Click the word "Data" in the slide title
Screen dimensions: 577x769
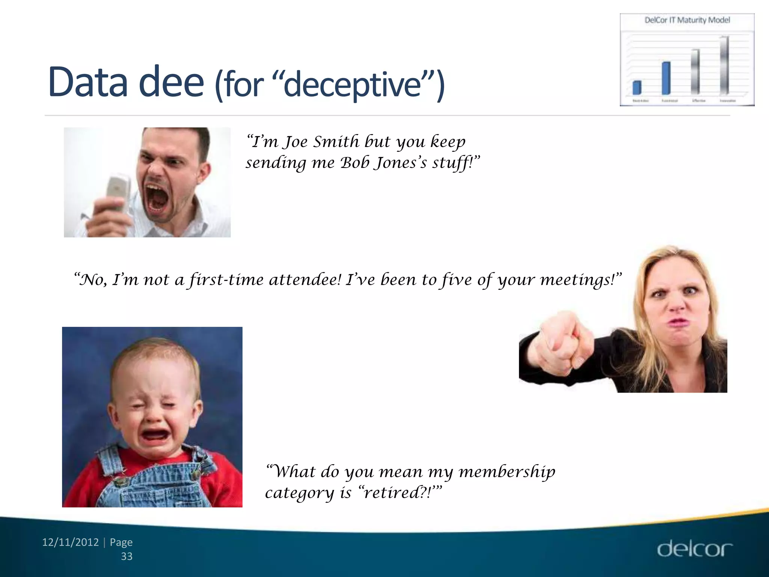88,82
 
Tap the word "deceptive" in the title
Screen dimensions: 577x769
353,85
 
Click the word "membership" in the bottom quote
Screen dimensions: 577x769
507,471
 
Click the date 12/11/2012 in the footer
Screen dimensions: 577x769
70,542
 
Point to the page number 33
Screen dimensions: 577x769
127,556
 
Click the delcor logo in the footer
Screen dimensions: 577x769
694,550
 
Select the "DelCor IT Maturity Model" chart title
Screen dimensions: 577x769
687,20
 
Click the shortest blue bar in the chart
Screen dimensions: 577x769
637,88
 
